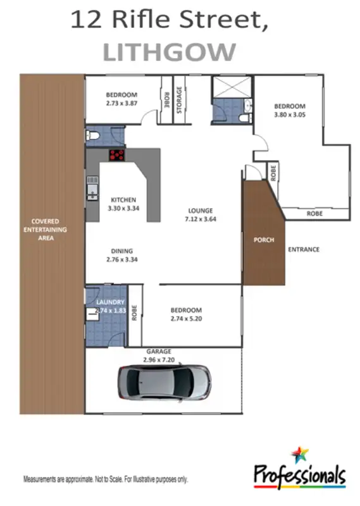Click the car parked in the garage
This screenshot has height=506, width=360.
coord(164,381)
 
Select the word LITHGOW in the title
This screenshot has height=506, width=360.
coord(169,52)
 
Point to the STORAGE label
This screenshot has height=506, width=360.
coord(179,101)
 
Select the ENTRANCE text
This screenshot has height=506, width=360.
coord(304,250)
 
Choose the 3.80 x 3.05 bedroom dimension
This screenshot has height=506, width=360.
coord(289,114)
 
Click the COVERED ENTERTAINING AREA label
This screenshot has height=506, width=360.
coord(44,230)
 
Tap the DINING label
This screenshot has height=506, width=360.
coord(121,250)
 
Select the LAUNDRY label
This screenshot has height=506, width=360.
coord(110,303)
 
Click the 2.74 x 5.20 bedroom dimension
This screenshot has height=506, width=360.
coord(186,319)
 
